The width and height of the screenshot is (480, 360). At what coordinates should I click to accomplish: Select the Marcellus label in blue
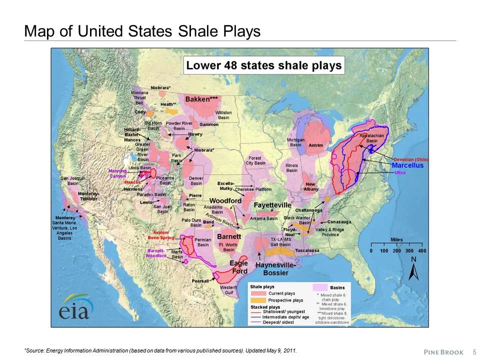(x=407, y=165)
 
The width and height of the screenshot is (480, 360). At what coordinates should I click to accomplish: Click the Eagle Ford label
(x=238, y=267)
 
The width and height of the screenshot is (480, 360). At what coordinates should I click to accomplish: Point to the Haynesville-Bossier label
(x=275, y=268)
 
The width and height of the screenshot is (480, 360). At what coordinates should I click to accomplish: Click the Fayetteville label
(x=272, y=205)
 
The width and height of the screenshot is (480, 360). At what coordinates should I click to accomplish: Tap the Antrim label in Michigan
(x=315, y=145)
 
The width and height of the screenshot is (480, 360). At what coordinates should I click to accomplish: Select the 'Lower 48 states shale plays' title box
(x=263, y=65)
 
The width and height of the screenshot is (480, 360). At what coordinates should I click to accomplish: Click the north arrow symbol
(x=413, y=270)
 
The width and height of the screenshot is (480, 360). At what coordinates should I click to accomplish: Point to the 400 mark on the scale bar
(x=421, y=250)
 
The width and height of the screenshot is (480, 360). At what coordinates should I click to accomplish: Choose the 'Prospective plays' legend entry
(x=283, y=300)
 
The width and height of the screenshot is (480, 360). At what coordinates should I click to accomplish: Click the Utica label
(x=399, y=172)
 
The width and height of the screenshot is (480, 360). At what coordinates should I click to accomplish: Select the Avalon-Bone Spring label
(x=160, y=235)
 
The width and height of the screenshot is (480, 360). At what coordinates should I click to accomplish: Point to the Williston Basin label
(x=223, y=115)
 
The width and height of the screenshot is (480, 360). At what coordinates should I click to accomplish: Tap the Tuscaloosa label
(x=307, y=250)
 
